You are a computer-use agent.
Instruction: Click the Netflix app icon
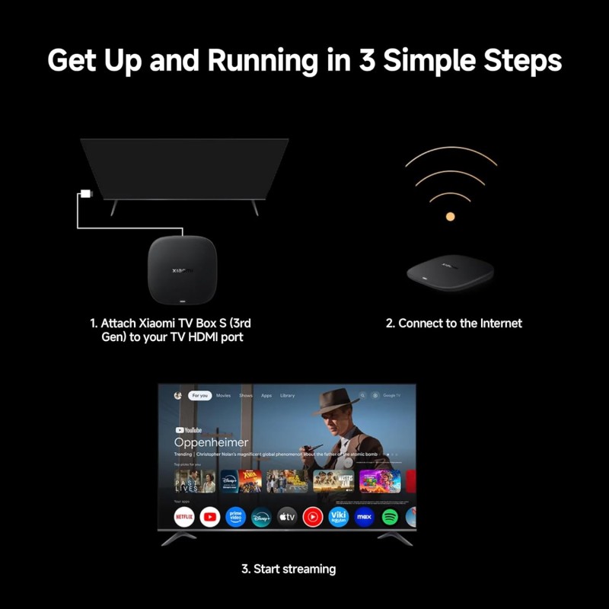183,518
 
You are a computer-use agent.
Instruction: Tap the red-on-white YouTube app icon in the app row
210,518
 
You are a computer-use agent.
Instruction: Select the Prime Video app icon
235,518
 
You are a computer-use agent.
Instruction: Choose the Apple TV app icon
287,518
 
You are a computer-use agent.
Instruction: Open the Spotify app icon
389,518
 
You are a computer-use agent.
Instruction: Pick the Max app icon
364,518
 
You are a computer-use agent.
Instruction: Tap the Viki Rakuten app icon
338,518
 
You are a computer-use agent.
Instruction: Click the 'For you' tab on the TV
200,396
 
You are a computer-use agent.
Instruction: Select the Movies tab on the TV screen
223,396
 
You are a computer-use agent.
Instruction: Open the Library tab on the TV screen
287,396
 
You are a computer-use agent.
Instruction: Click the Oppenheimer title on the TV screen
211,442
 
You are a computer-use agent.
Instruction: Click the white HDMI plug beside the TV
86,193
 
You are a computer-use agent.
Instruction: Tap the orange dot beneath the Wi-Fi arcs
450,217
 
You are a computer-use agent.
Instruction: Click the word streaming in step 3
310,569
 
